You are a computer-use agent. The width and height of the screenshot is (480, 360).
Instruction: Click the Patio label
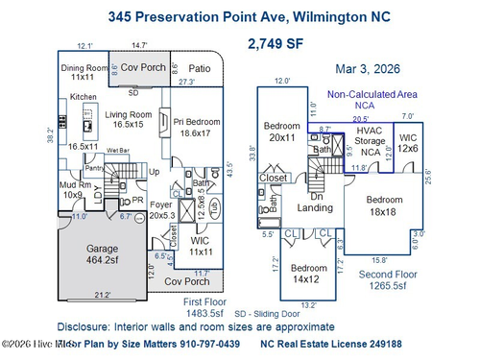pyautogui.click(x=199, y=69)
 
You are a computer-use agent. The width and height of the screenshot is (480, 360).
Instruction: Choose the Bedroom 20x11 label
pyautogui.click(x=280, y=132)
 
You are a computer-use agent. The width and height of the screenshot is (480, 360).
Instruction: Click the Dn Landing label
pyautogui.click(x=315, y=202)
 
